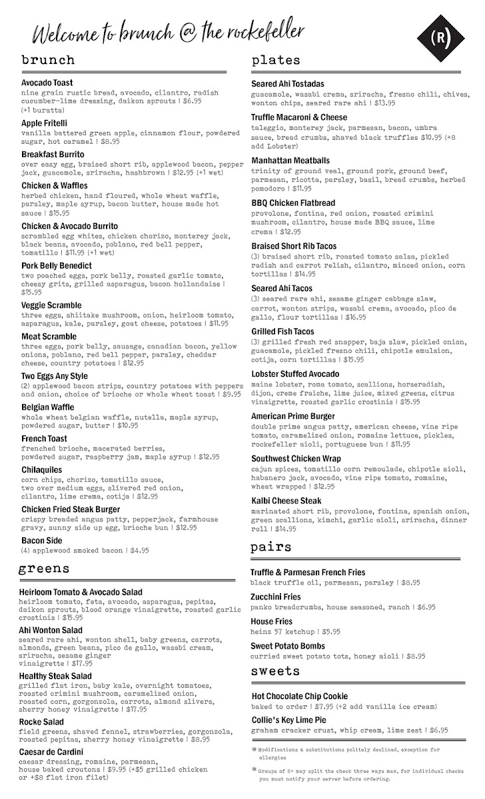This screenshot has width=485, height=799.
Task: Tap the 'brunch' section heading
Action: (48, 60)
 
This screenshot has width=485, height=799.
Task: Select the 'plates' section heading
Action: (276, 61)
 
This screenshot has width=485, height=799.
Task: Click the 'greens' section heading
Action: (44, 568)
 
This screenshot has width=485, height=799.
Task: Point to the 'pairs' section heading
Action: (271, 547)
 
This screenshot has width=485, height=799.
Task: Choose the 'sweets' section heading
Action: (276, 670)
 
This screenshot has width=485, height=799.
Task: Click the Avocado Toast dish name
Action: (47, 83)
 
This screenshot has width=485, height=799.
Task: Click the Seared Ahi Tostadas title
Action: (288, 84)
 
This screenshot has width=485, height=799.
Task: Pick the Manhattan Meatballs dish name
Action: (290, 160)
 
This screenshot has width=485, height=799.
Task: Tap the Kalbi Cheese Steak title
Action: (286, 501)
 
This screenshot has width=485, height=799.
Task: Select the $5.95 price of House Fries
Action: (330, 631)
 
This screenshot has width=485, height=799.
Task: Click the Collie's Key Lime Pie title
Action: (288, 720)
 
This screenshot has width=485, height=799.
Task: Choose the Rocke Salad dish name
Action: (43, 722)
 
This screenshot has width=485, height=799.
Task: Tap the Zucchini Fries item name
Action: (276, 597)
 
